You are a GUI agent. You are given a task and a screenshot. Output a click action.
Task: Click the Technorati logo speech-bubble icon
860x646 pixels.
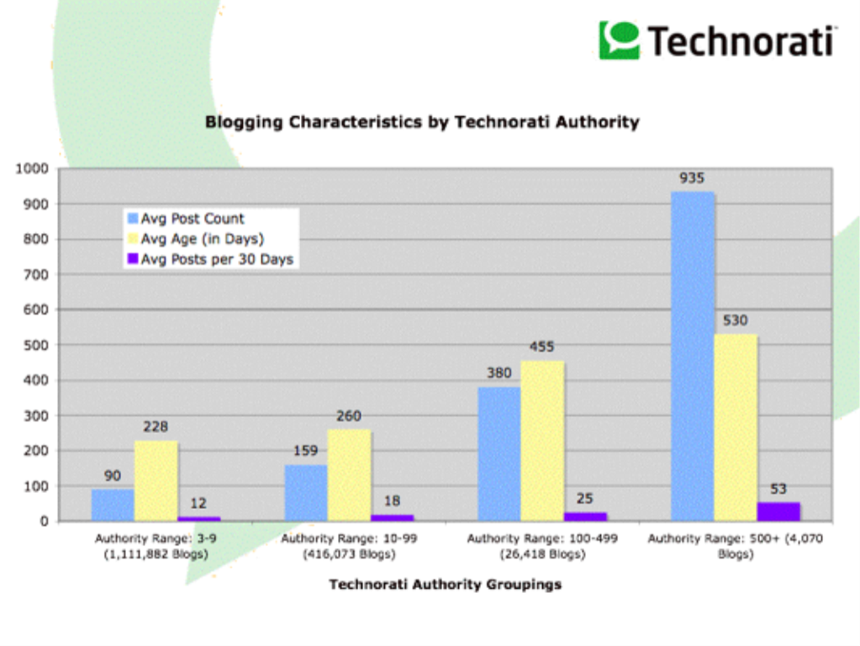coord(618,39)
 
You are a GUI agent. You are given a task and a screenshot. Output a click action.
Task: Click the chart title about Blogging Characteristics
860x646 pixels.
coord(422,122)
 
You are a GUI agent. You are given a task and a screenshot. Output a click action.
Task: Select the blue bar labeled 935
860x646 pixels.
coord(694,357)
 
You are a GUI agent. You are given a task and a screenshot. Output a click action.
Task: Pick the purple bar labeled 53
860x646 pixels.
coord(779,511)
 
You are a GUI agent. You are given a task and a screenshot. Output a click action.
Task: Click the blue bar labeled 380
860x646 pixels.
coord(499,454)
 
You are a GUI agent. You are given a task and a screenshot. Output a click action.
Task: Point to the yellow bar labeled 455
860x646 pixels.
coord(543,441)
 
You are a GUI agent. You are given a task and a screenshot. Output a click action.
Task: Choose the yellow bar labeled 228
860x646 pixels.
coord(156,481)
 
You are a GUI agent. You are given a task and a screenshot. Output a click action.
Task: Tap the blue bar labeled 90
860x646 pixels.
coord(113,505)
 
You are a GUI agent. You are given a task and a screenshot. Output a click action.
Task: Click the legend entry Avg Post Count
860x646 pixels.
coord(193,219)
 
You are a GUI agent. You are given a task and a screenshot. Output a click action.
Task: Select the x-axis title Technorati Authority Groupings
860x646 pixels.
coord(445,584)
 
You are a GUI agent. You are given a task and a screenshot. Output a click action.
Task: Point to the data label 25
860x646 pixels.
coord(585,498)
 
